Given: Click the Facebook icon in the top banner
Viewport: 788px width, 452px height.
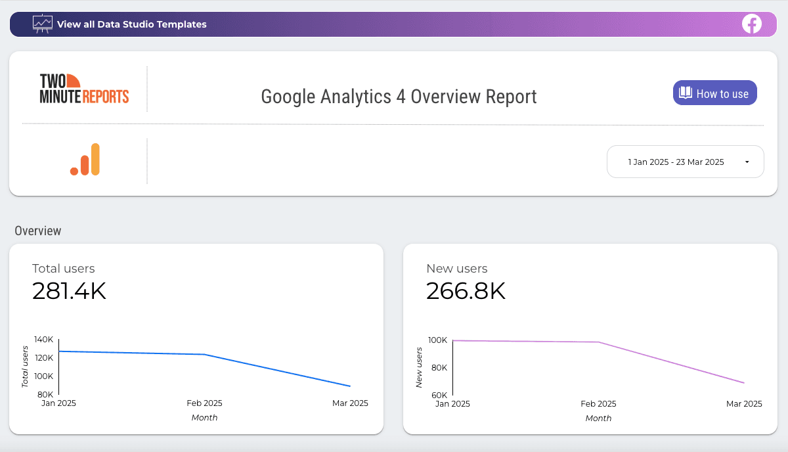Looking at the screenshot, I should tap(751, 24).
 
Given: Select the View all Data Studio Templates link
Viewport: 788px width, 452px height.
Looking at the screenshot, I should tap(131, 24).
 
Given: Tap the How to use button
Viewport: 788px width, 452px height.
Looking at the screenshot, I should tap(714, 93).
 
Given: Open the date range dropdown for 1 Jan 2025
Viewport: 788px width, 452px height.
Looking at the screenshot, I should tap(685, 162).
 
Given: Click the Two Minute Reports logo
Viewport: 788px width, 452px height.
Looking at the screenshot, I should tap(84, 89).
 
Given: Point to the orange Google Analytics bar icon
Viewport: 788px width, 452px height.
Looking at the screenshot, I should tap(85, 160).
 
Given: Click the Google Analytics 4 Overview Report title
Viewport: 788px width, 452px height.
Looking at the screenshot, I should tap(399, 97).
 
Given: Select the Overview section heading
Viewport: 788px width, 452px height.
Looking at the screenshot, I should tap(38, 231).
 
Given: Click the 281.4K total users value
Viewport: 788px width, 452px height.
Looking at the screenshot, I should tap(69, 291).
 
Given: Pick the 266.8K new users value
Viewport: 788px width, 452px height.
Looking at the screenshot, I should tap(466, 291).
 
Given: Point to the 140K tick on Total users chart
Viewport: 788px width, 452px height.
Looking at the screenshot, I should tap(43, 340).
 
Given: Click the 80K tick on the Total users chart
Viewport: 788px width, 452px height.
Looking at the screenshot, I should tap(45, 394).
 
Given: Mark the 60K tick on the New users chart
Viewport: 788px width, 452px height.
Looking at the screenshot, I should tap(438, 395).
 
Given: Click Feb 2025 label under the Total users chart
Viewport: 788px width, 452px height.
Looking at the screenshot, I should tap(204, 403).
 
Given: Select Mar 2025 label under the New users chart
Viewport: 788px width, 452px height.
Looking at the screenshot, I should tap(744, 404).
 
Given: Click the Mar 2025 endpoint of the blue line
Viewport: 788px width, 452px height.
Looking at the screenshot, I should tap(350, 386).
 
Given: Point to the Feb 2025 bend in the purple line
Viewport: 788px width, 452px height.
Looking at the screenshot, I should tap(598, 342).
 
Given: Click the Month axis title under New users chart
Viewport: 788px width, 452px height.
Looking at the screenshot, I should tap(598, 418).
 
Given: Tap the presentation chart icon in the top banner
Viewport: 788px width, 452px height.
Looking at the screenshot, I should tap(43, 24).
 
